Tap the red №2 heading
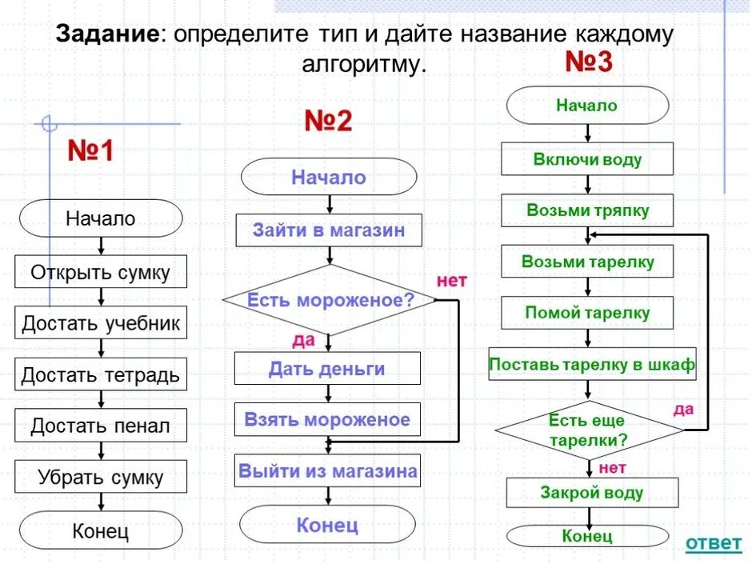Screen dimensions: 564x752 coord(328,121)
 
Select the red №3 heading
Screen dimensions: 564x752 coord(589,62)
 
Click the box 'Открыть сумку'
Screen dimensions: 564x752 coord(101,272)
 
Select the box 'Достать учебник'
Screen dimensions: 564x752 coord(101,323)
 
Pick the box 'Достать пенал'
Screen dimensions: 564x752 coord(101,426)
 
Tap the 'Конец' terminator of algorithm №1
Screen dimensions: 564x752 coord(101,530)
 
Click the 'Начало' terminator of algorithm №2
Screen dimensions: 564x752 coord(329,177)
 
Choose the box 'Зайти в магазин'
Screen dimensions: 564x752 coord(329,230)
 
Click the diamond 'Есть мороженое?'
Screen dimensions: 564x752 coord(330,301)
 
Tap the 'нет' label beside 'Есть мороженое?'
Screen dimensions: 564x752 coord(451,280)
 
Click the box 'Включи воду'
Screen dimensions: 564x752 coord(587,159)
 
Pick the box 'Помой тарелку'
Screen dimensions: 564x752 coord(587,312)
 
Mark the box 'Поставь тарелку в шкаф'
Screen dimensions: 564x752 coord(592,366)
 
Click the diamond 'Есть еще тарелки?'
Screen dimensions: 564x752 coord(589,430)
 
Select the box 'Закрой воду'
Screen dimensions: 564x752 coord(592,492)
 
